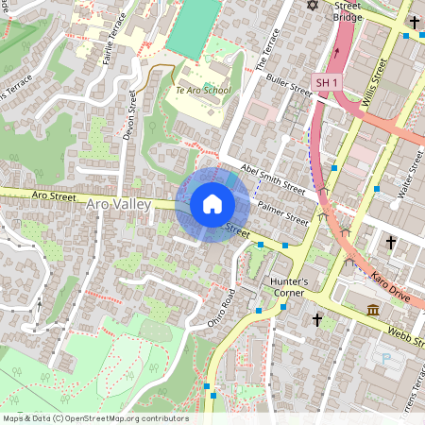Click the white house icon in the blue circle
(212, 204)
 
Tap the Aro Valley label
(118, 204)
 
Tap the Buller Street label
(288, 86)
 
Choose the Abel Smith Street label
(273, 176)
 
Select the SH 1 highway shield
(326, 83)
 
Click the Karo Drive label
(390, 282)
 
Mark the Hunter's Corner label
(289, 286)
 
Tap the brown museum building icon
(373, 311)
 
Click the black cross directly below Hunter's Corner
(317, 321)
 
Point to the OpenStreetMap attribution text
(94, 417)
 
